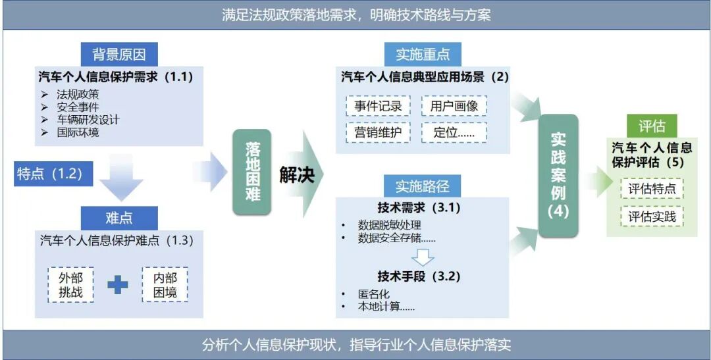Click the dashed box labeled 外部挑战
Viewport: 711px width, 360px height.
[x=70, y=284]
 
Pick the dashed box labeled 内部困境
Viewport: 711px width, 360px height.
[x=165, y=284]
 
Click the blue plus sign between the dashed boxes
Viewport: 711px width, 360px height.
[x=118, y=284]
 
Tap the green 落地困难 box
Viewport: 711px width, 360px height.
[x=252, y=171]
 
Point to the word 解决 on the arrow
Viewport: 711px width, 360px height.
[x=297, y=175]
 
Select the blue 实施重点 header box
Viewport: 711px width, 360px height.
[x=423, y=55]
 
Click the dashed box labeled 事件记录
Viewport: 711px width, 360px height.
[x=378, y=106]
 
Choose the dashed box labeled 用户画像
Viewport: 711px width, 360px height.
[x=454, y=106]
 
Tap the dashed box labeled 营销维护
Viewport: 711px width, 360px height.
[x=378, y=132]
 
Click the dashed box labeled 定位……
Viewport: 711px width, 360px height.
[x=454, y=132]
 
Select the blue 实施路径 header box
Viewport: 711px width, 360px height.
[x=423, y=187]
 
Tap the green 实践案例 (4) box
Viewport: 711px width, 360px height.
[x=558, y=176]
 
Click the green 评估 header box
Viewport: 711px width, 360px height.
[x=652, y=126]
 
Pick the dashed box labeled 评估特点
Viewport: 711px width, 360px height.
[x=652, y=189]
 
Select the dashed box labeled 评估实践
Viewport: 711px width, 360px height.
[x=652, y=217]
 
